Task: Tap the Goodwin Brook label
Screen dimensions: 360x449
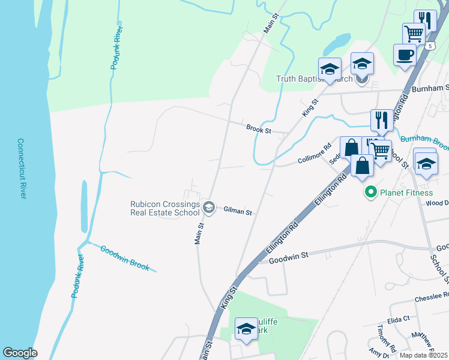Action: (125, 258)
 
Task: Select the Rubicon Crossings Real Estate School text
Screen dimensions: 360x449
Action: (165, 208)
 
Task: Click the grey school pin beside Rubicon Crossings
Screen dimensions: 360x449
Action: (209, 208)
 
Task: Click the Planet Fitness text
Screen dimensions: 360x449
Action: (406, 193)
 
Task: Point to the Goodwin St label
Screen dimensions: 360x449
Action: (288, 256)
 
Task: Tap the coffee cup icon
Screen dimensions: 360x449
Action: (405, 55)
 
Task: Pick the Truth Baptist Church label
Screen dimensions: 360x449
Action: (314, 79)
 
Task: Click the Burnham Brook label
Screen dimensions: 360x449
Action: (424, 142)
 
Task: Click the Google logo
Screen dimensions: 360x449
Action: (20, 353)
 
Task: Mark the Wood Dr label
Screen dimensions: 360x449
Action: (437, 203)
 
